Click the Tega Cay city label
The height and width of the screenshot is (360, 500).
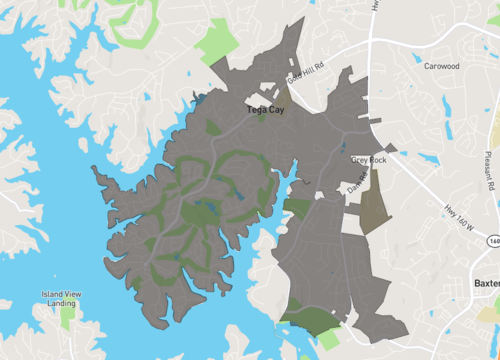265,110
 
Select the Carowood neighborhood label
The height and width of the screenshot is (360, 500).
441,66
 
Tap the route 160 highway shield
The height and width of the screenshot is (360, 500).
493,242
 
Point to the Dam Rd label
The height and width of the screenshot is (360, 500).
358,181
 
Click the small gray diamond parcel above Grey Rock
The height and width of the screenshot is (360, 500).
390,148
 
